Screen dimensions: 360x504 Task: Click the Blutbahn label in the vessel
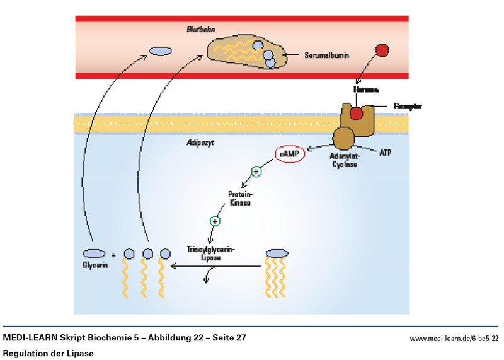pos(201,29)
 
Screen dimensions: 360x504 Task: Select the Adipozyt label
pos(201,144)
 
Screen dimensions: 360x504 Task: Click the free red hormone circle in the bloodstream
pos(382,50)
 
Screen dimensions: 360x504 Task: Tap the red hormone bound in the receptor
pos(357,113)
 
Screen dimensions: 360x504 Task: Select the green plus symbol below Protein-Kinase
pos(215,221)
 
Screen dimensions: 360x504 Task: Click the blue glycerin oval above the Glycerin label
pos(94,253)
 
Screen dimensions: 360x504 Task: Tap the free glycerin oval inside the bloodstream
pos(160,50)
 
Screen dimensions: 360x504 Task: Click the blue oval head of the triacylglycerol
pos(277,253)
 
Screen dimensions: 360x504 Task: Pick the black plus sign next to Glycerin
pos(113,255)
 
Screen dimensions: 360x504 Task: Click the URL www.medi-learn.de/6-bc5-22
pos(454,339)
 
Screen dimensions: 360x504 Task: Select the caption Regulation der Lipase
pos(49,353)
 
